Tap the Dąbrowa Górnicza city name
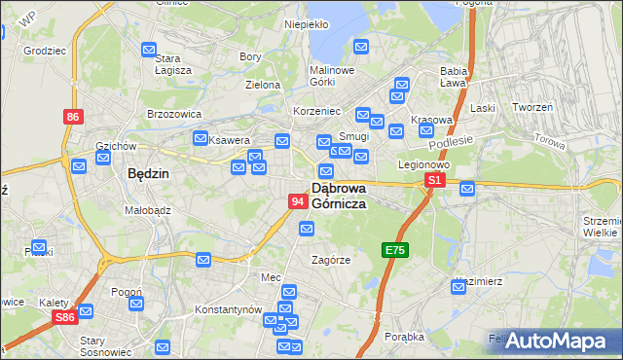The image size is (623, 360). (339, 195)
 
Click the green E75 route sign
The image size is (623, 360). (394, 250)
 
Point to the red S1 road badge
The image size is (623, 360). (434, 181)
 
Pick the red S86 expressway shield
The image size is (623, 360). (65, 317)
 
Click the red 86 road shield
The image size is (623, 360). (74, 117)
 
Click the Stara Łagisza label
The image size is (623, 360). (172, 64)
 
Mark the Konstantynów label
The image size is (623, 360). (229, 309)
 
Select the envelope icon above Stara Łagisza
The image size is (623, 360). (149, 50)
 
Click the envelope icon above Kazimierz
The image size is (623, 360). (459, 286)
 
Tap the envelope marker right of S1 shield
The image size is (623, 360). (466, 188)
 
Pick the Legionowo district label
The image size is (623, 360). (421, 164)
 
